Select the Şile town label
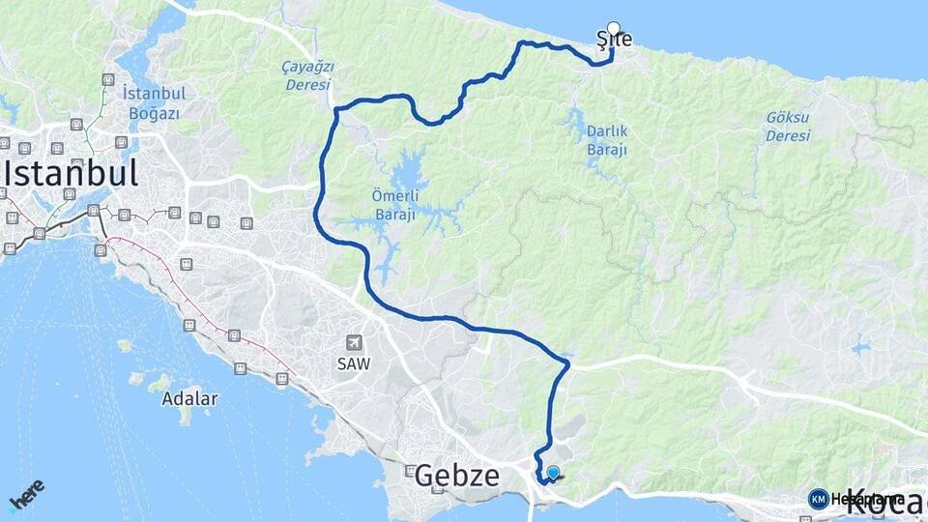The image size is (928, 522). pos(615,41)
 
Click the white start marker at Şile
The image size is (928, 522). pos(613,28)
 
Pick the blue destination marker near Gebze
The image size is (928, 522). pos(553,472)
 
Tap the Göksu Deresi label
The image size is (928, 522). pos(788,127)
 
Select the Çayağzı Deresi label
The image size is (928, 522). pos(307,75)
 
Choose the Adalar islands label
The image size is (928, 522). pos(189,398)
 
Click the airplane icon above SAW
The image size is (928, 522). pos(355,343)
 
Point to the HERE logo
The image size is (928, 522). pos(26,495)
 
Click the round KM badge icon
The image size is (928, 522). pos(818,499)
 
